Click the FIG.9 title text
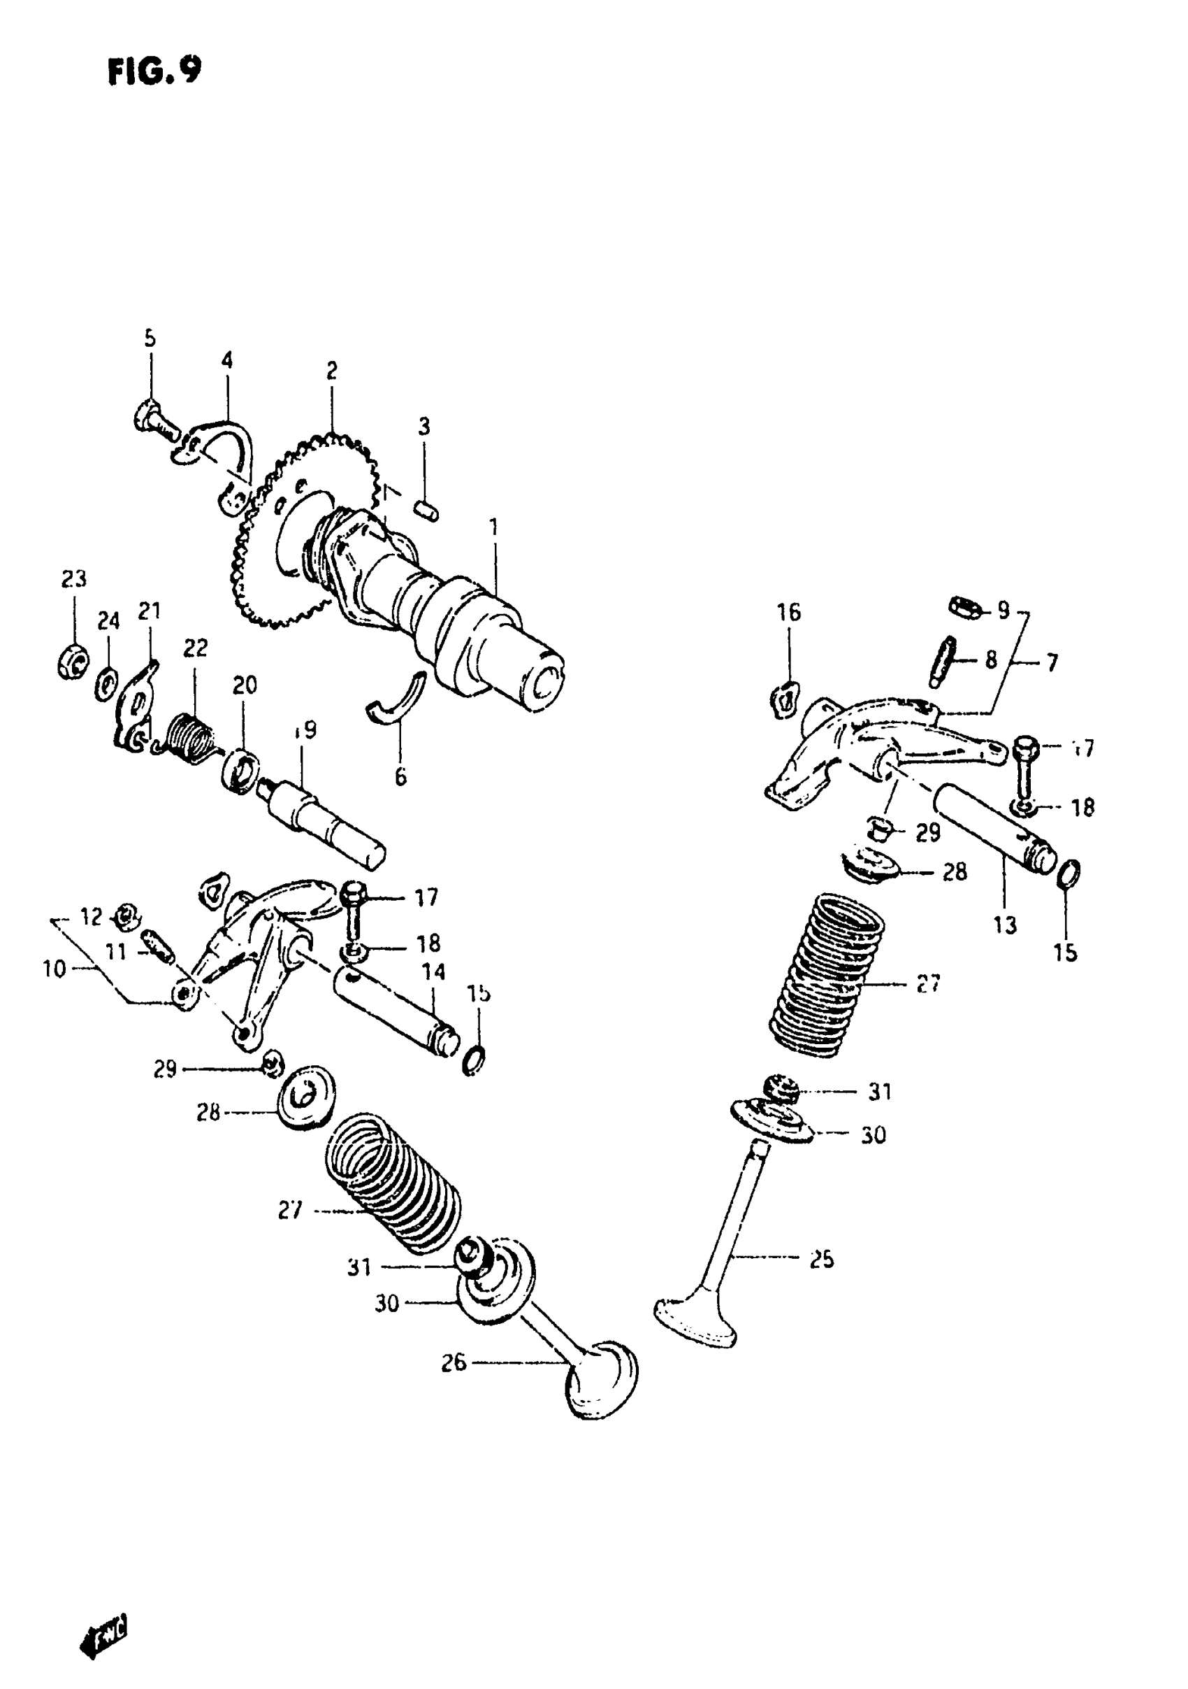[x=154, y=71]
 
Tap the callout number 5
[x=150, y=338]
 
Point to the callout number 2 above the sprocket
[x=331, y=371]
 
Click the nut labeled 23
[x=72, y=661]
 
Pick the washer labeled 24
[x=108, y=683]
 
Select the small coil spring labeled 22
[x=189, y=737]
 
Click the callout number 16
[x=789, y=612]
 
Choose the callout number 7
[x=1052, y=663]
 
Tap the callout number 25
[x=821, y=1260]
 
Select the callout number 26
[x=454, y=1362]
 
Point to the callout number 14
[x=434, y=973]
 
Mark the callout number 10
[x=55, y=969]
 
